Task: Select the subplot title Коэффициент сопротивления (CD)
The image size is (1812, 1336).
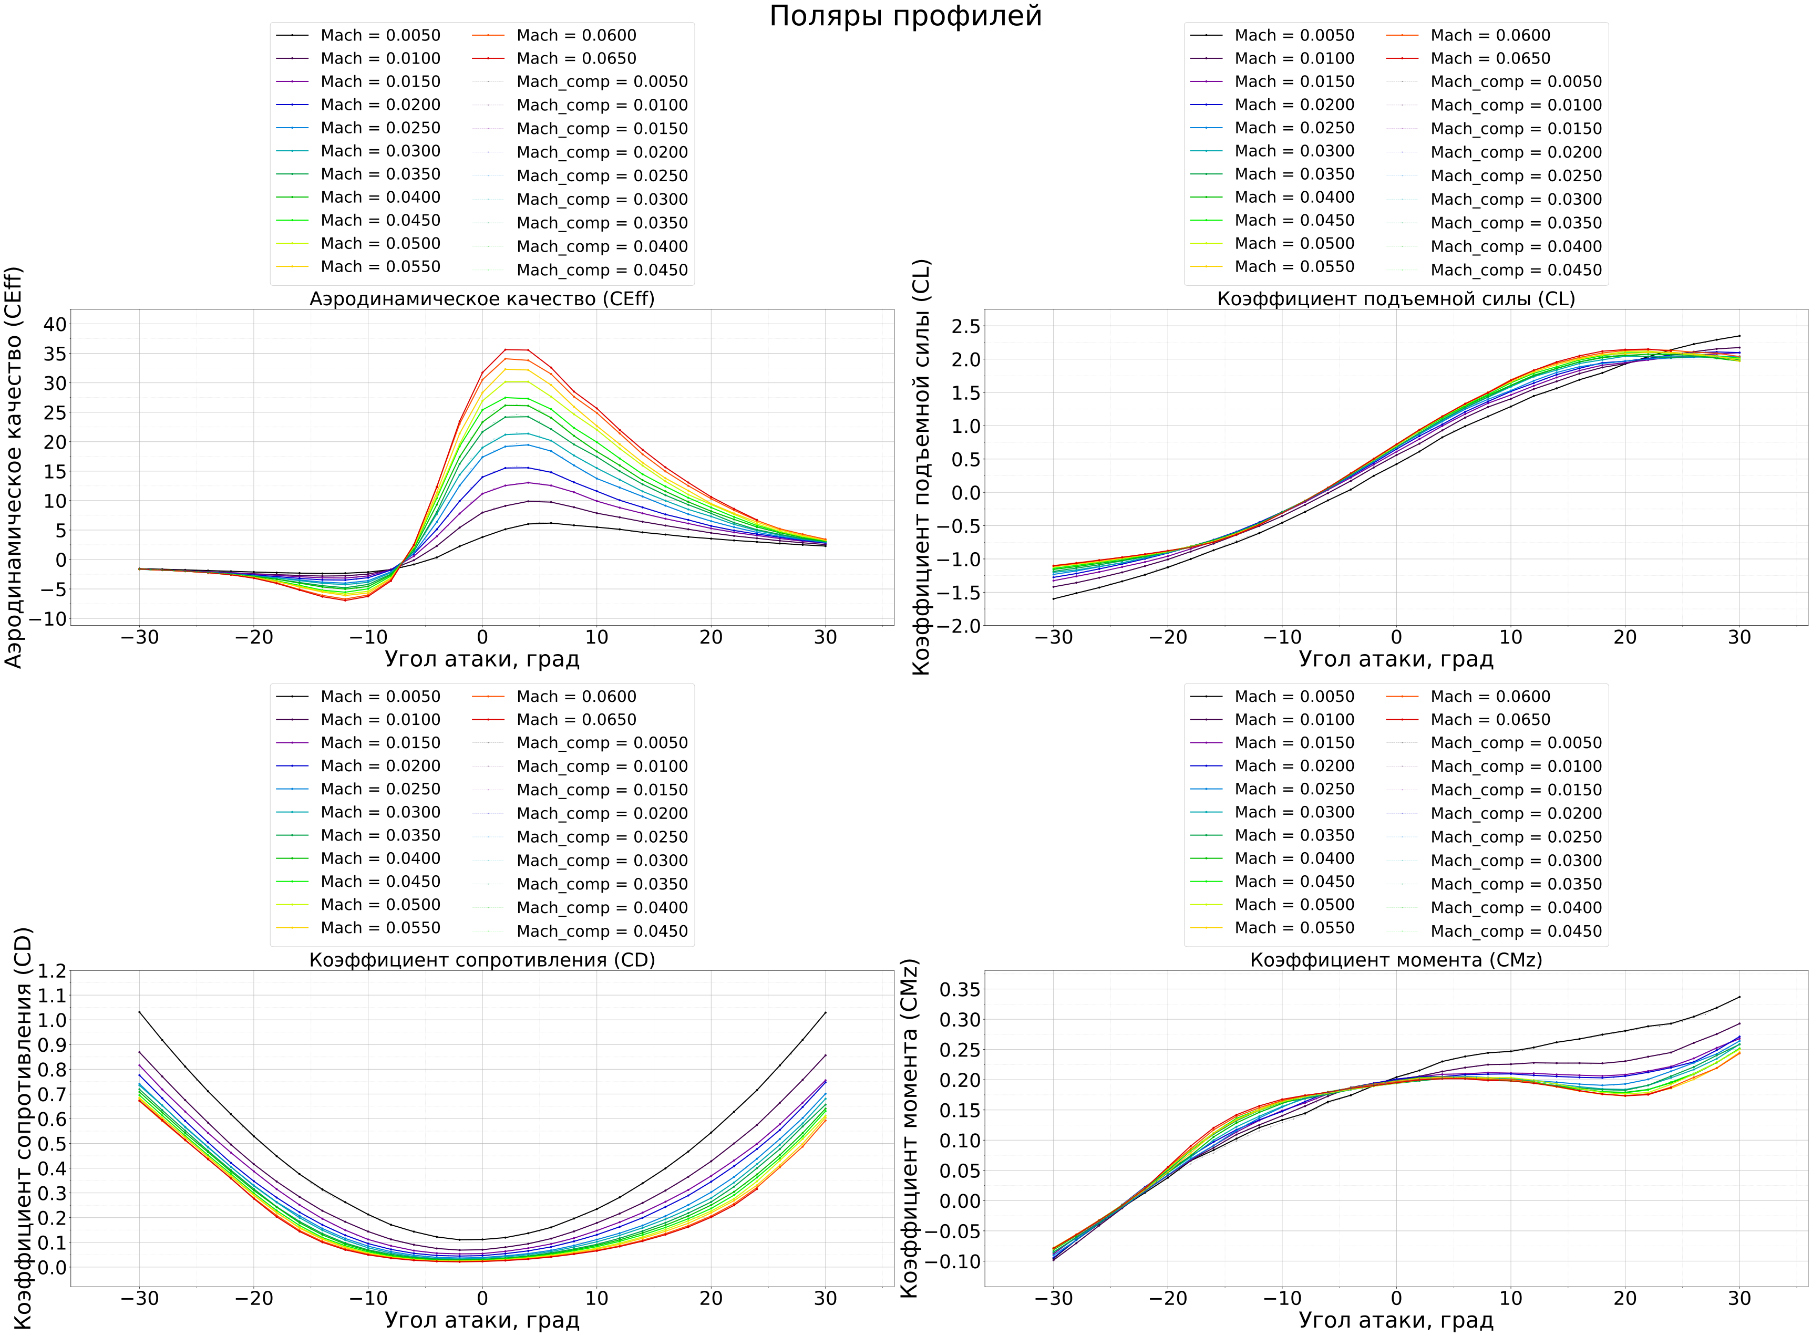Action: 482,960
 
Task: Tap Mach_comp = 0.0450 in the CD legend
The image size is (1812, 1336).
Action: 602,931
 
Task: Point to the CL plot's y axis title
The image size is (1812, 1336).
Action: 922,468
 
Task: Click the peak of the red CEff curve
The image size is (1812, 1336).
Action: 506,349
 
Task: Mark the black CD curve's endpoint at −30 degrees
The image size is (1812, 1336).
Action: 139,1011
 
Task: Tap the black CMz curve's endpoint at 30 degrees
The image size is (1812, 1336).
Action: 1739,996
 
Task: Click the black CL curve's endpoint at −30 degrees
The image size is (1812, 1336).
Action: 1053,598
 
